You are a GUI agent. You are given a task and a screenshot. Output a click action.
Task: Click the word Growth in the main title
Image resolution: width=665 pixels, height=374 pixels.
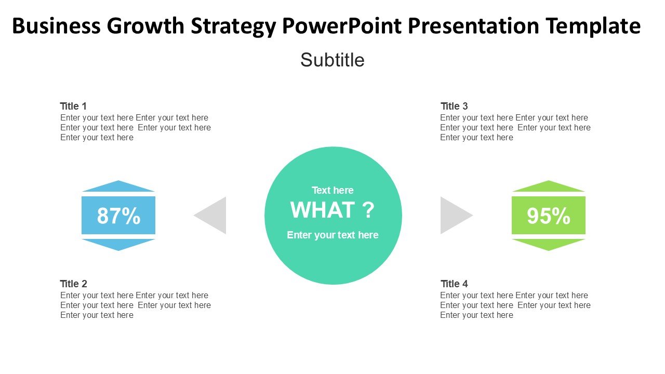[145, 26]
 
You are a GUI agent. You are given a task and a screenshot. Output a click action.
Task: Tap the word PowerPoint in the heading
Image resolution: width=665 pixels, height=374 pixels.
[342, 25]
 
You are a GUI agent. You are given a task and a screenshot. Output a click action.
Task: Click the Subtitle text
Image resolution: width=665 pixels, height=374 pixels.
[332, 60]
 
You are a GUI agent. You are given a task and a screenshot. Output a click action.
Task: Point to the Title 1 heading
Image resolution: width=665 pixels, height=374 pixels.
[73, 106]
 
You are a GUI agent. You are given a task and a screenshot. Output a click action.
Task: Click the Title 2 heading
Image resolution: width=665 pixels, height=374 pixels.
[73, 284]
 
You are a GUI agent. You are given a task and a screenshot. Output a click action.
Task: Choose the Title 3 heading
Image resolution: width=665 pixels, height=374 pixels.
[454, 106]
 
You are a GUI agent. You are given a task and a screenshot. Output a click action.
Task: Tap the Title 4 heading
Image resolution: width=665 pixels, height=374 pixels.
[454, 284]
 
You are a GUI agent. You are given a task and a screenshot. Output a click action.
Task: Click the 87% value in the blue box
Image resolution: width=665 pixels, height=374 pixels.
[118, 216]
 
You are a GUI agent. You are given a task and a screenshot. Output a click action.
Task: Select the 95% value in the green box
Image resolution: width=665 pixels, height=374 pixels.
[548, 216]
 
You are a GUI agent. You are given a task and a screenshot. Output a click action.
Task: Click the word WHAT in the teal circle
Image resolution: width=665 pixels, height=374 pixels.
[323, 210]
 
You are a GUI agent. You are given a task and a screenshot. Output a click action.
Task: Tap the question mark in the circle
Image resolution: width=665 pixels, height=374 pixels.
[368, 210]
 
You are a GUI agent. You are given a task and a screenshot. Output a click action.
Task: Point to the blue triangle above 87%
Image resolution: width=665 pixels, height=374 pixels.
[118, 187]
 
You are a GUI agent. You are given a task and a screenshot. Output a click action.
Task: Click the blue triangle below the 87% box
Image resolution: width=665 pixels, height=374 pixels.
[118, 244]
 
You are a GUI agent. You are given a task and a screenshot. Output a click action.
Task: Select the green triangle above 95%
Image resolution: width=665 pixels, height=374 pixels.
[548, 187]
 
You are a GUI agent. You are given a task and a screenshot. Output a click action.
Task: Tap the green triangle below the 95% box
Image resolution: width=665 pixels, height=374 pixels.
[548, 244]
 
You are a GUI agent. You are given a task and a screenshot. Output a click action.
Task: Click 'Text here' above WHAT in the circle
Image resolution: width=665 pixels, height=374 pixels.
[332, 190]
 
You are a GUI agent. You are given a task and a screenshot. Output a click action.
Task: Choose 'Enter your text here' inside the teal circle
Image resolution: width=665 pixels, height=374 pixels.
[332, 235]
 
